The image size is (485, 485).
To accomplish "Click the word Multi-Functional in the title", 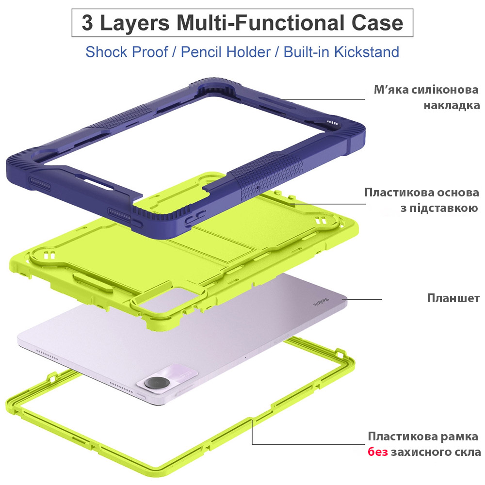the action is (260, 23).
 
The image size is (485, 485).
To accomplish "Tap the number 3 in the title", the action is (87, 23).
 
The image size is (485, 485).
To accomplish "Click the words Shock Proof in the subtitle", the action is (127, 52).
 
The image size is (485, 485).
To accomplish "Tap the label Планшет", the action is (453, 298).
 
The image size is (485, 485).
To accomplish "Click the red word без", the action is (378, 452).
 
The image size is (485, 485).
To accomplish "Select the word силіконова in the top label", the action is (445, 90).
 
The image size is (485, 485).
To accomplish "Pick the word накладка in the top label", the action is (452, 105).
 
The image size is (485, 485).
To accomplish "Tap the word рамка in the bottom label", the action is (459, 437).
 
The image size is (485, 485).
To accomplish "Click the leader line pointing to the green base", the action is (328, 204).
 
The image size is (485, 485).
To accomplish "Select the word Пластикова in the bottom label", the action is (403, 437).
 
